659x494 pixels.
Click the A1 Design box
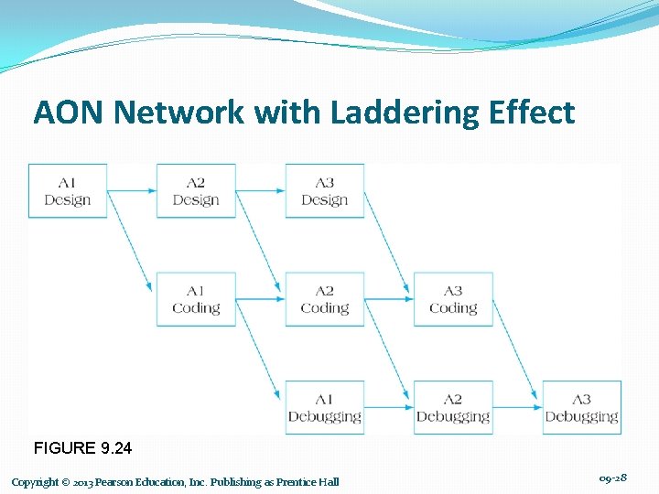(68, 191)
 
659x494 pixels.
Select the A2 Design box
(196, 191)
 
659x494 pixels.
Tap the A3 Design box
(325, 191)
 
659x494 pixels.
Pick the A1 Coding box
(196, 299)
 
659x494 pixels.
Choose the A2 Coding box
(325, 299)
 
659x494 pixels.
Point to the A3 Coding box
(453, 299)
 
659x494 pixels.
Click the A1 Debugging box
(325, 408)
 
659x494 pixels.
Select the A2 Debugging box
(453, 408)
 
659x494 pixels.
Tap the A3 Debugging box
(582, 408)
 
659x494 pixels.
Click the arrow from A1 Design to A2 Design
(132, 191)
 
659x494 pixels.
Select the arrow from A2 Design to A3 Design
(260, 191)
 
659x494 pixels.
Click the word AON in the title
(71, 113)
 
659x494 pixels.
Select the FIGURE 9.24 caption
(82, 448)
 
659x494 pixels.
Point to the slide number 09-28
(612, 478)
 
